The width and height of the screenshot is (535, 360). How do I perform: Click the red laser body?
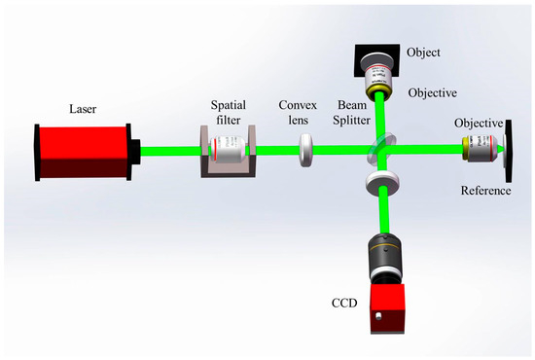pyautogui.click(x=83, y=151)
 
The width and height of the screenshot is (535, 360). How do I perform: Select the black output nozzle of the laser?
pyautogui.click(x=135, y=151)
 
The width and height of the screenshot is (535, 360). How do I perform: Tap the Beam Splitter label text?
pyautogui.click(x=354, y=110)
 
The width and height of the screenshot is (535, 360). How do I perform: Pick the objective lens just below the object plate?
pyautogui.click(x=377, y=78)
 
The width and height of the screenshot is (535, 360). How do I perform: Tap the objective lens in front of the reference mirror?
pyautogui.click(x=478, y=150)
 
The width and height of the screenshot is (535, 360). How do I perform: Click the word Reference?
pyautogui.click(x=485, y=191)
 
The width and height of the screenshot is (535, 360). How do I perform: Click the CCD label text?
pyautogui.click(x=342, y=303)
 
